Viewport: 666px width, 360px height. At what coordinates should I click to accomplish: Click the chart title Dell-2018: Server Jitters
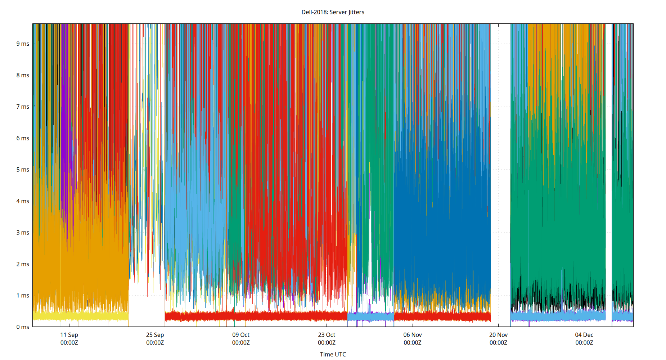(x=333, y=12)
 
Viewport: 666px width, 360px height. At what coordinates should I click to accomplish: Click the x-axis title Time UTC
(x=333, y=354)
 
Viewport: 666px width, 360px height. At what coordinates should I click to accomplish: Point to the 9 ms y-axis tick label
(x=23, y=44)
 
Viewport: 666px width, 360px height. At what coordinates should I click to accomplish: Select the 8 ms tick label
(x=23, y=75)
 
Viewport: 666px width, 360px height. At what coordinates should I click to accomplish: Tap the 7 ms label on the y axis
(x=23, y=107)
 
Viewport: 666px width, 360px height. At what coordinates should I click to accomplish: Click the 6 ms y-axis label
(x=23, y=138)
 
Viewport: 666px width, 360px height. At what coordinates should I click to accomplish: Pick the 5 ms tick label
(x=23, y=170)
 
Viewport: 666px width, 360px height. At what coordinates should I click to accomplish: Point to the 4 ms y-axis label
(x=23, y=201)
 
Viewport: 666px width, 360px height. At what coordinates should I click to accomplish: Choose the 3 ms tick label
(x=23, y=233)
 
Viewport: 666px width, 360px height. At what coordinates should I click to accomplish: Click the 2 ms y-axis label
(x=23, y=264)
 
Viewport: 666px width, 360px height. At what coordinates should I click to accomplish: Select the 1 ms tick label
(x=23, y=296)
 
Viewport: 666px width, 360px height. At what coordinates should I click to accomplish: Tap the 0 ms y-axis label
(x=23, y=327)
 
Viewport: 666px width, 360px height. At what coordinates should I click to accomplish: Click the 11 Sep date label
(x=69, y=335)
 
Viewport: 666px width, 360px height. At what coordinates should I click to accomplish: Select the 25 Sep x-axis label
(x=155, y=335)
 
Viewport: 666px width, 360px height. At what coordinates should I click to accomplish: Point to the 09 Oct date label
(x=241, y=335)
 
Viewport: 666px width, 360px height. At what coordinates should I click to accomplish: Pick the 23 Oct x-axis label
(x=327, y=335)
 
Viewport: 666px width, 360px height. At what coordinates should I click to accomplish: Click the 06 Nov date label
(x=413, y=335)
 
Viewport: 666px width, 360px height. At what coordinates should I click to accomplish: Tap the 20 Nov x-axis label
(x=498, y=335)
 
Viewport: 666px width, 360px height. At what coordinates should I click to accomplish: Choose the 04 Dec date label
(x=584, y=335)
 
